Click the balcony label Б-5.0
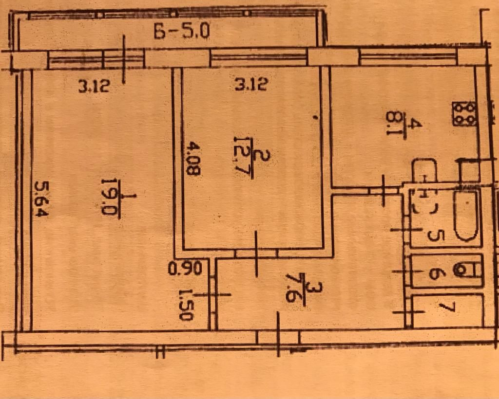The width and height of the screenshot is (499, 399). click(181, 32)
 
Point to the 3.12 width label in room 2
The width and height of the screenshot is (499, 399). click(250, 86)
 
